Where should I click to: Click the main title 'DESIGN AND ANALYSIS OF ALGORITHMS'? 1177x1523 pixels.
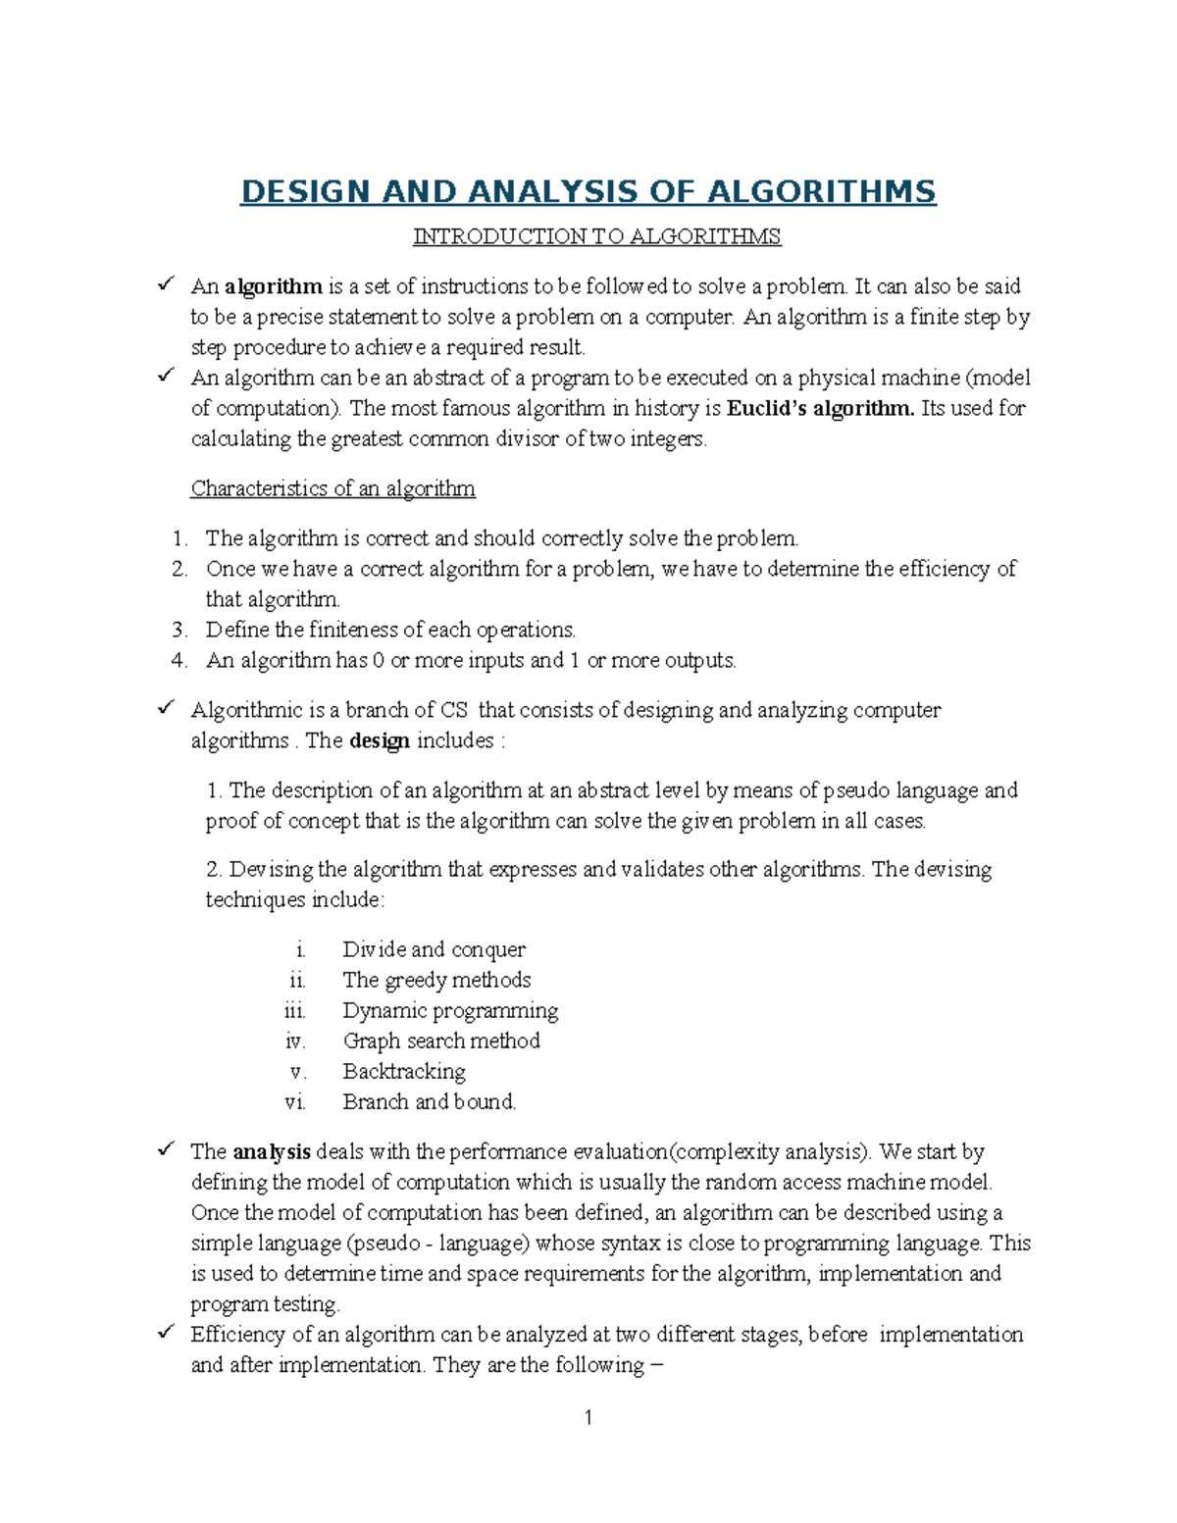[x=588, y=191]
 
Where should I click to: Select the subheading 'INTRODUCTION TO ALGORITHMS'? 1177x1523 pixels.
[x=596, y=236]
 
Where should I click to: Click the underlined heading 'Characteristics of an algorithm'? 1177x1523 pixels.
[x=333, y=488]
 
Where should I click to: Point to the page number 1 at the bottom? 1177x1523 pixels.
[x=588, y=1417]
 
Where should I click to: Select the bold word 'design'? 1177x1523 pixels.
[x=380, y=740]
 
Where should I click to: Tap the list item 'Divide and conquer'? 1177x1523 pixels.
[x=434, y=949]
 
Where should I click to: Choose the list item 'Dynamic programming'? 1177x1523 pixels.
[x=450, y=1010]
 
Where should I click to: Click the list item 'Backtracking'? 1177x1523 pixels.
[x=404, y=1071]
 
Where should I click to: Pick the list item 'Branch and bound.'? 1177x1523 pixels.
[x=429, y=1101]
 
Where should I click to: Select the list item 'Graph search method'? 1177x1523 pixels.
[x=441, y=1041]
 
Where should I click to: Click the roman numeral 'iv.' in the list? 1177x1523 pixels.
[x=295, y=1041]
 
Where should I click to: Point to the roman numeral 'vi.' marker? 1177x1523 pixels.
[x=295, y=1102]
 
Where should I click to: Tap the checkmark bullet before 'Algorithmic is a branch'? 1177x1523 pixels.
[x=166, y=707]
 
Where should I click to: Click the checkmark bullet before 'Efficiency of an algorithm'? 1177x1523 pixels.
[x=166, y=1332]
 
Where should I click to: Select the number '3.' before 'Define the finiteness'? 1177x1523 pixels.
[x=179, y=630]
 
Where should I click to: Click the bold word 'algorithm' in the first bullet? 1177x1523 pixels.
[x=274, y=286]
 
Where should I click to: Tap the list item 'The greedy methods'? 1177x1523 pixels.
[x=436, y=980]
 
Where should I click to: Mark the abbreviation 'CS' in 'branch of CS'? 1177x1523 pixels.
[x=454, y=710]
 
